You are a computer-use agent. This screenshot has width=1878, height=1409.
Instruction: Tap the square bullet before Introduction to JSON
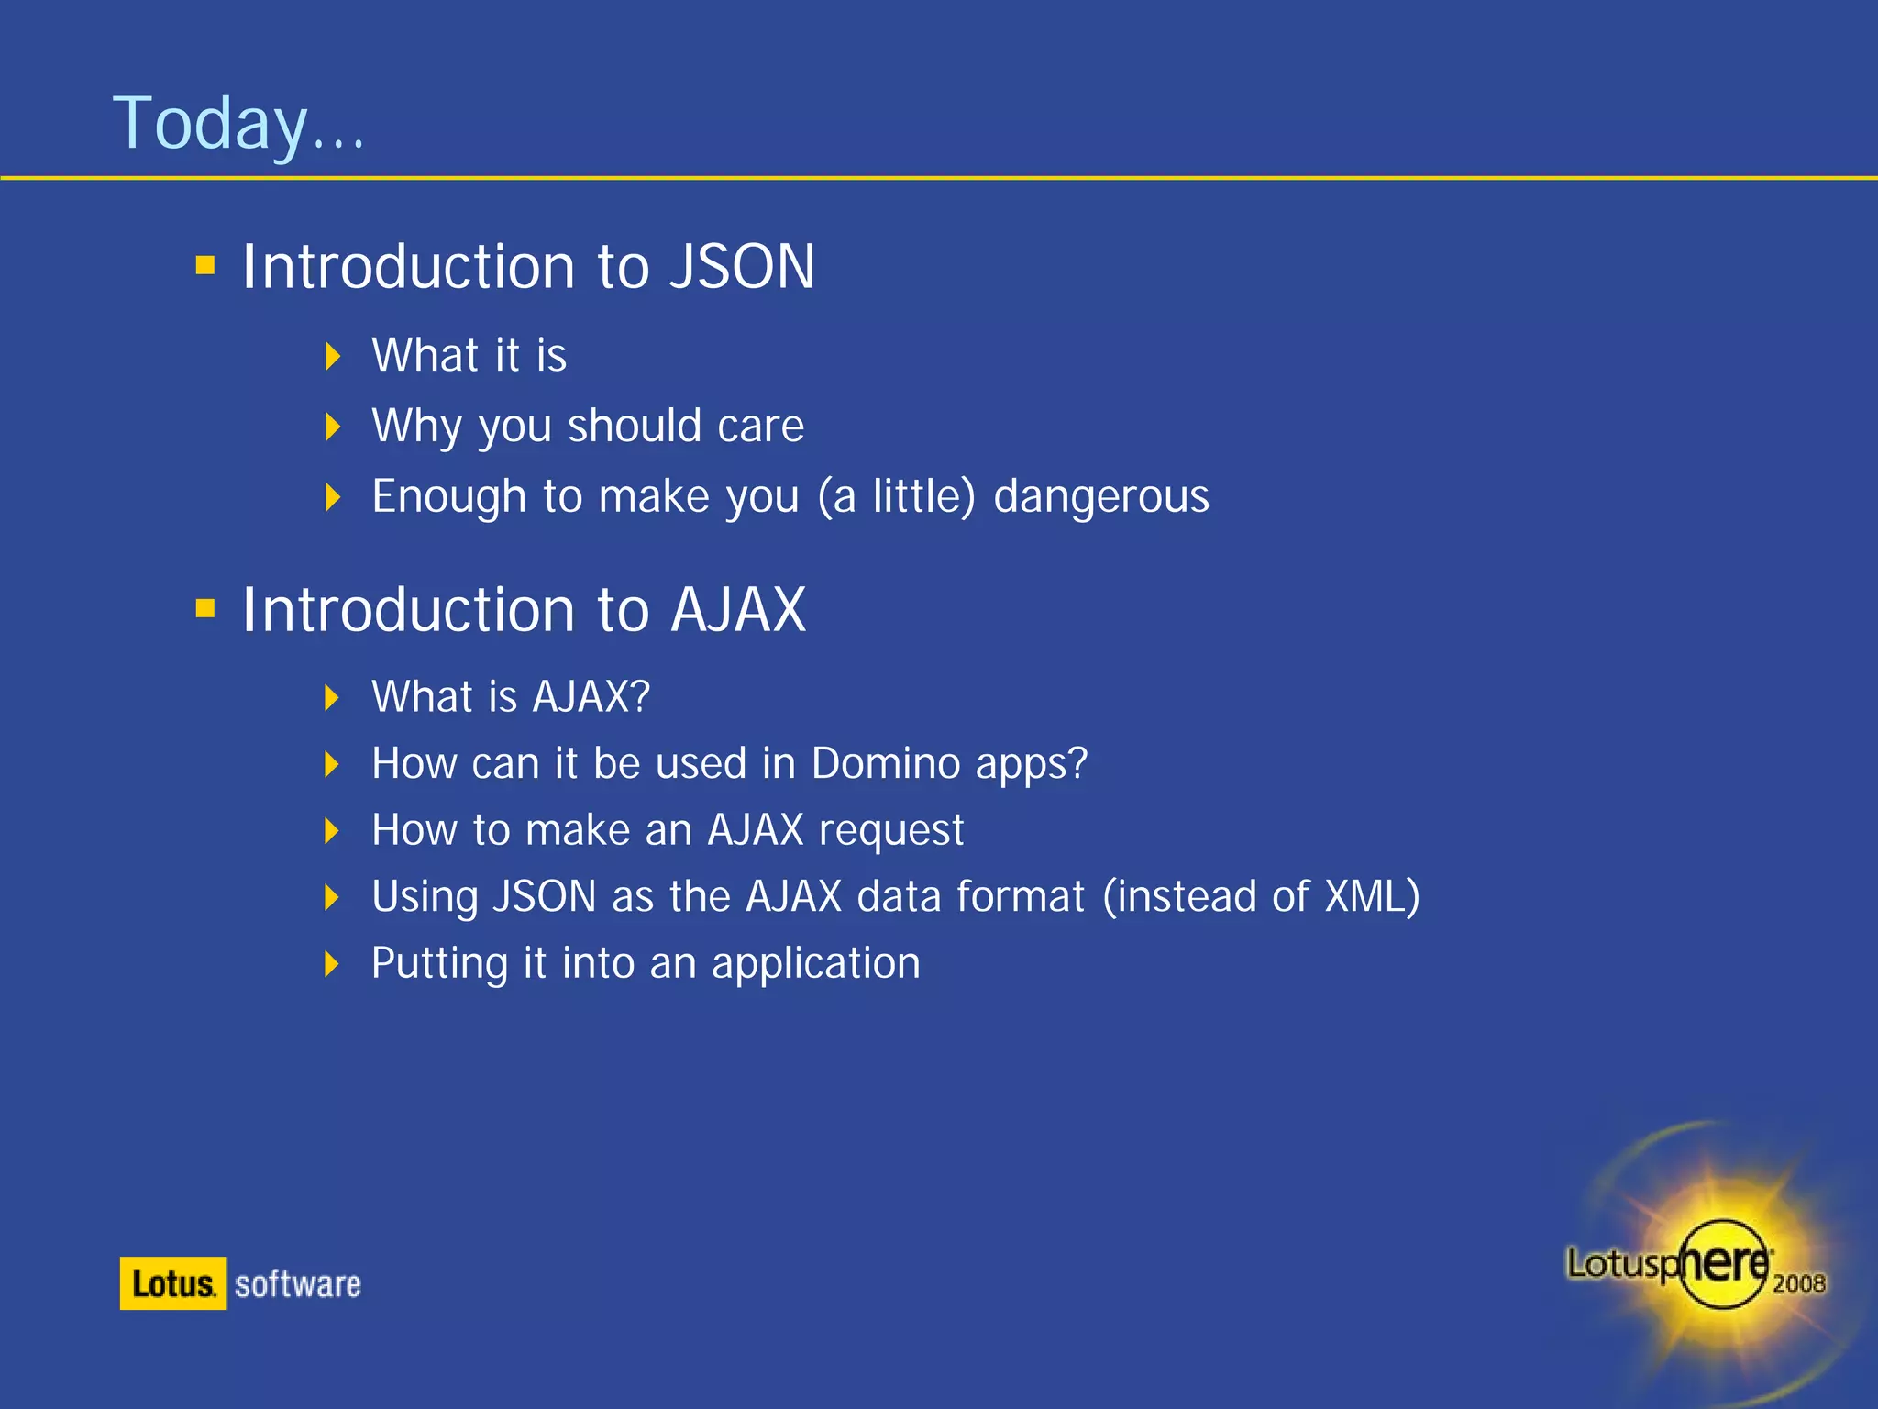[x=205, y=266]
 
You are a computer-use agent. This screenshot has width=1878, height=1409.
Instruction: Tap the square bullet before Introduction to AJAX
[x=205, y=608]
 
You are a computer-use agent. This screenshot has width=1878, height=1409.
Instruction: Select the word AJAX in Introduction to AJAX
[x=737, y=610]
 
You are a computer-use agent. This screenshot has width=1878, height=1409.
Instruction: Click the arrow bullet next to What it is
[x=333, y=356]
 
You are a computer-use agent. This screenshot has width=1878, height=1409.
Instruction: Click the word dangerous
[x=1100, y=497]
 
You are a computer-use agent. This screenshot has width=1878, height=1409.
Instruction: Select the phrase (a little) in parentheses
[x=896, y=497]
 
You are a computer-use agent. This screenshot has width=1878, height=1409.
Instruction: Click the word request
[x=890, y=831]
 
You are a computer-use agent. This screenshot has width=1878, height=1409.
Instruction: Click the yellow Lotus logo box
[x=173, y=1283]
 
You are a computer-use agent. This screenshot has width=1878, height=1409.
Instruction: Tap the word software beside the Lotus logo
[x=298, y=1284]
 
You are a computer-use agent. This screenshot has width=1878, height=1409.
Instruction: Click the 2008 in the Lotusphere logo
[x=1798, y=1283]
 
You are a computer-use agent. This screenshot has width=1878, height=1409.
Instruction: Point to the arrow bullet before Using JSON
[x=333, y=897]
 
